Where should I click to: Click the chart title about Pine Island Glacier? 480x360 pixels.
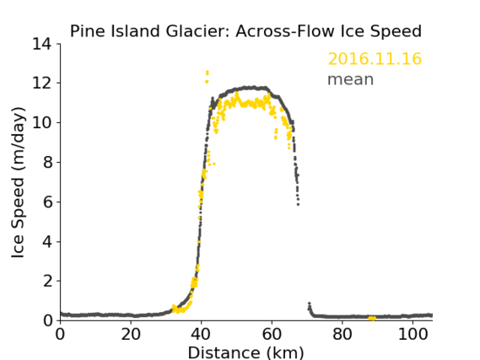point(245,31)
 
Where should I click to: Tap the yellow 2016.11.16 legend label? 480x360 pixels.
point(375,58)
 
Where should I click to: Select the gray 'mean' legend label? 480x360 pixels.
point(351,79)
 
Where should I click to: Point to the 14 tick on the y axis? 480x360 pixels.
point(41,44)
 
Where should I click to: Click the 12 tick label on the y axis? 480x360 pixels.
point(41,83)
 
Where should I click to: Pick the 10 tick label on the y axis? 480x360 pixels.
point(41,122)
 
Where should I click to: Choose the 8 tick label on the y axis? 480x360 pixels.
point(47,162)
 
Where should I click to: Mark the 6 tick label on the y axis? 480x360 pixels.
point(47,201)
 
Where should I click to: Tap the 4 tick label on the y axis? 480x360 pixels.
point(47,241)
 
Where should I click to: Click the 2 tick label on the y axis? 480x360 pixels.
point(47,281)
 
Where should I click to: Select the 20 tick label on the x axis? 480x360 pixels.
point(131,334)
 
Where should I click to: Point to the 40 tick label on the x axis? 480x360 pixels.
point(201,334)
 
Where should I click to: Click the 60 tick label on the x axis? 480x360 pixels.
point(272,334)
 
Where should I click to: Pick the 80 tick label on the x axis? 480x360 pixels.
point(342,334)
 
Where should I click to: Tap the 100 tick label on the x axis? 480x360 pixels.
point(413,334)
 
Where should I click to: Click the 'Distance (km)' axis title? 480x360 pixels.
point(245,352)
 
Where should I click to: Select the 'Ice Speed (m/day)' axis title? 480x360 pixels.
point(18,182)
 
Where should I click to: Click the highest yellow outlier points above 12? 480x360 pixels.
point(208,73)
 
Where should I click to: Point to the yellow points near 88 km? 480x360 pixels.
point(372,319)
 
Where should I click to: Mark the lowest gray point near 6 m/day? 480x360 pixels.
point(298,204)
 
